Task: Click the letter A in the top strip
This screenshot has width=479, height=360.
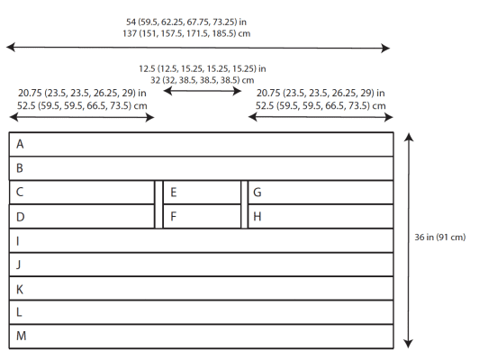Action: (x=20, y=144)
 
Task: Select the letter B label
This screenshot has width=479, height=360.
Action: (x=20, y=168)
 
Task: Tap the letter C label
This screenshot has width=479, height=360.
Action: (x=20, y=192)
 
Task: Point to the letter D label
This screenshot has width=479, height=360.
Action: (x=20, y=217)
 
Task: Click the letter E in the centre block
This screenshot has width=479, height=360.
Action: (x=173, y=193)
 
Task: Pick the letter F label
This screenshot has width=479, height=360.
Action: (x=173, y=217)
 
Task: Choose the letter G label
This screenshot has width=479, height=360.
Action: (x=258, y=193)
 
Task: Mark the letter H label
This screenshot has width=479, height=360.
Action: (x=258, y=217)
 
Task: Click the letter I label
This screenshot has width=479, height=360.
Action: (x=18, y=241)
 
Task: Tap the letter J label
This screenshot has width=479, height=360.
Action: (x=19, y=265)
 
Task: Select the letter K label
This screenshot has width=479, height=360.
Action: (x=20, y=289)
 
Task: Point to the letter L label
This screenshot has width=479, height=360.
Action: (x=19, y=312)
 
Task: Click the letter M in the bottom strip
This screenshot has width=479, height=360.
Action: (x=21, y=336)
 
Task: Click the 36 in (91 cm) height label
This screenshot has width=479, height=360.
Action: (x=440, y=238)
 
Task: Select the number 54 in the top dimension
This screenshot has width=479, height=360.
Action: (x=131, y=22)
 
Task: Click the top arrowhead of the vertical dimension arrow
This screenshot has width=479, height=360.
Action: (x=409, y=137)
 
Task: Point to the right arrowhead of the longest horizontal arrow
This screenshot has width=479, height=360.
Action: (x=385, y=48)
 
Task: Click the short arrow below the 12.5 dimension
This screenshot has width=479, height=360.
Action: (x=203, y=91)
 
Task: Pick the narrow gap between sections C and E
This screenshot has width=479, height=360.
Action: (x=158, y=204)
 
